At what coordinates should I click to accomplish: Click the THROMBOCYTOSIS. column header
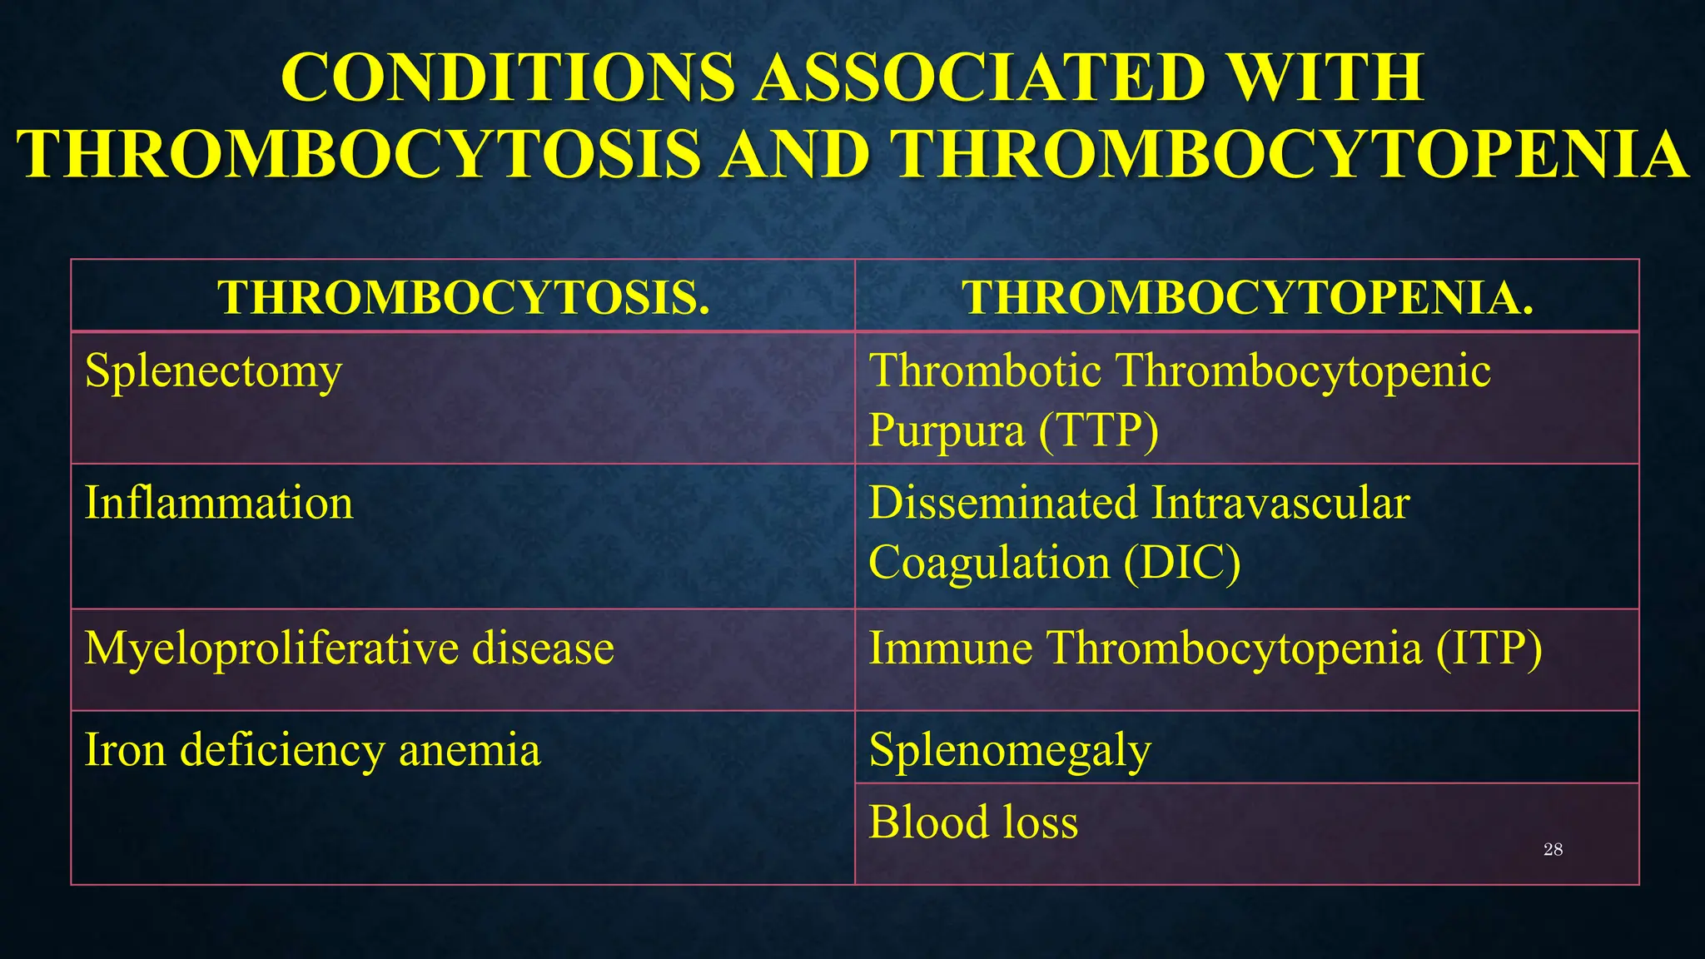pyautogui.click(x=464, y=297)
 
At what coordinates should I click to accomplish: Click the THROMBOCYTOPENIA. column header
pyautogui.click(x=1247, y=297)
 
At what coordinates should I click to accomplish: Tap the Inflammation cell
pyautogui.click(x=219, y=504)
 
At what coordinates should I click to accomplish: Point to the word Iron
pyautogui.click(x=125, y=749)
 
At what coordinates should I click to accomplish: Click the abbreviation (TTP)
pyautogui.click(x=1098, y=431)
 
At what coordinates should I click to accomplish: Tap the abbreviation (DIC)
pyautogui.click(x=1181, y=563)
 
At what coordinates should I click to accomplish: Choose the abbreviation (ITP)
pyautogui.click(x=1488, y=648)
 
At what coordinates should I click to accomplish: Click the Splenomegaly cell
pyautogui.click(x=1010, y=750)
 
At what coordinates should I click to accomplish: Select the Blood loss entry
pyautogui.click(x=973, y=822)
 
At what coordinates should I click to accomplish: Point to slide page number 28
pyautogui.click(x=1553, y=849)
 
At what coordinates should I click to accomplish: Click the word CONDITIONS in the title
pyautogui.click(x=508, y=77)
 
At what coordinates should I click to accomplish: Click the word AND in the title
pyautogui.click(x=795, y=155)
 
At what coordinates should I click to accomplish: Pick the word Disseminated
pyautogui.click(x=1002, y=503)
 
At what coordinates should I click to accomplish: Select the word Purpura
pyautogui.click(x=946, y=431)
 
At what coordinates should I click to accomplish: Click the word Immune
pyautogui.click(x=950, y=648)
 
